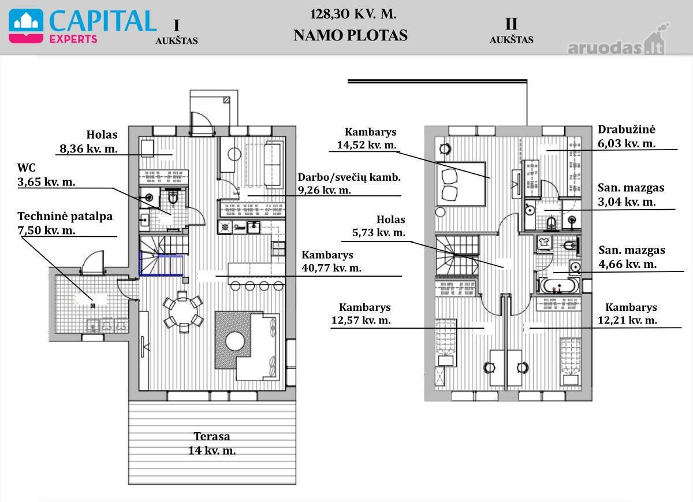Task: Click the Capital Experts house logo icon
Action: click(26, 27)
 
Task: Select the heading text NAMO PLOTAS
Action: click(351, 35)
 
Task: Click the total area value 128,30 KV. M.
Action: click(353, 14)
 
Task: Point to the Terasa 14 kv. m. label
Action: click(212, 443)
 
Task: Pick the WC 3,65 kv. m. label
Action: click(46, 174)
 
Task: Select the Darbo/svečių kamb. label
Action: click(349, 178)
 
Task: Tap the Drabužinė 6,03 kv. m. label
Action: click(627, 136)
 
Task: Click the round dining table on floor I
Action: click(183, 311)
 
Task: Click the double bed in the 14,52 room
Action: click(460, 184)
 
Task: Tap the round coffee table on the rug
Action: click(235, 341)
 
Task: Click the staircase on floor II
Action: click(457, 255)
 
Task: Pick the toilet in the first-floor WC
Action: click(173, 196)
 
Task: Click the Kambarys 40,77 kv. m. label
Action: click(331, 262)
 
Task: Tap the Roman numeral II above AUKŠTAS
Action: click(511, 24)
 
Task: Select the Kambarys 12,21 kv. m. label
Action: click(627, 314)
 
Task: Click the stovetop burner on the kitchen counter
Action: click(225, 228)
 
